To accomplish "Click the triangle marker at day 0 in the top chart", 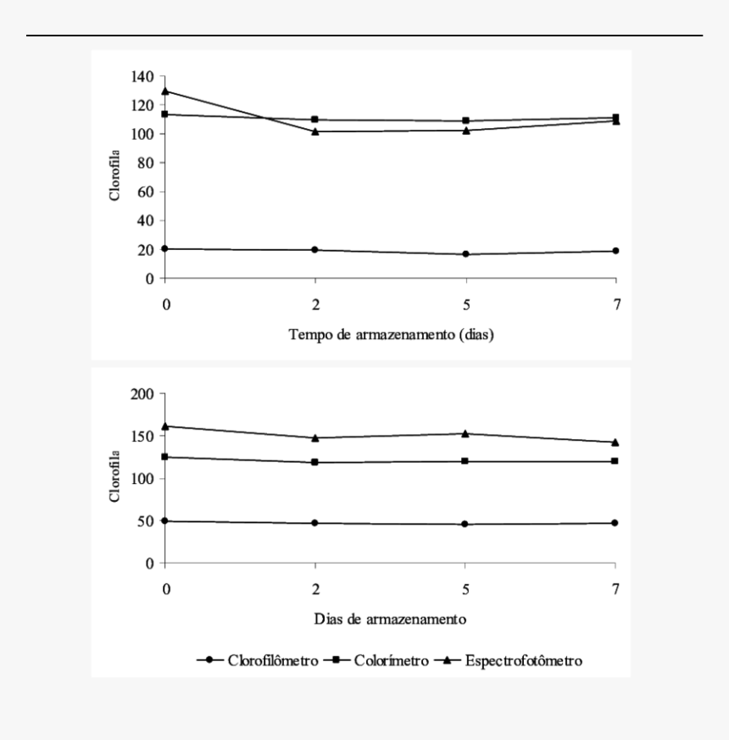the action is [x=165, y=91].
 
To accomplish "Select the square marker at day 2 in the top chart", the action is [x=315, y=120].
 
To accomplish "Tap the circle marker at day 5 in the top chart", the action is [x=465, y=254].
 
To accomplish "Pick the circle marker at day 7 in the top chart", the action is [x=615, y=251].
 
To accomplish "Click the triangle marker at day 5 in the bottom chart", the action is [x=465, y=434].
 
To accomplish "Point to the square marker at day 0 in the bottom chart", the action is [x=164, y=457].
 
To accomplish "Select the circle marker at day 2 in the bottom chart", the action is [x=314, y=523].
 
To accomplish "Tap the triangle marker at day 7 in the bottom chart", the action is [x=615, y=442].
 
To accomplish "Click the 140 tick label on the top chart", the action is [x=142, y=76].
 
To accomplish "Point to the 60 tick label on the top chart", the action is [x=147, y=192].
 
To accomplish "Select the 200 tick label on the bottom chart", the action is [x=142, y=393].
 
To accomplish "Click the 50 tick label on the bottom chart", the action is [x=147, y=521].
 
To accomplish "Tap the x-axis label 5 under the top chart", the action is [x=466, y=305].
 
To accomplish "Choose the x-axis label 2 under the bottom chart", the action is [x=315, y=589].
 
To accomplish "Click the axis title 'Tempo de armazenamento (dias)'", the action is [x=391, y=335].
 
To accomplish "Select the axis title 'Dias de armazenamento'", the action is [x=390, y=619].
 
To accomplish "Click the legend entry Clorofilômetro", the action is [x=258, y=660].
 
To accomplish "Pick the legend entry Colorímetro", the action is [x=376, y=660].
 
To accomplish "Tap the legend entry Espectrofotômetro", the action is [x=508, y=660].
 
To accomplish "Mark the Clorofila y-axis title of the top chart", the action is [x=114, y=175].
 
